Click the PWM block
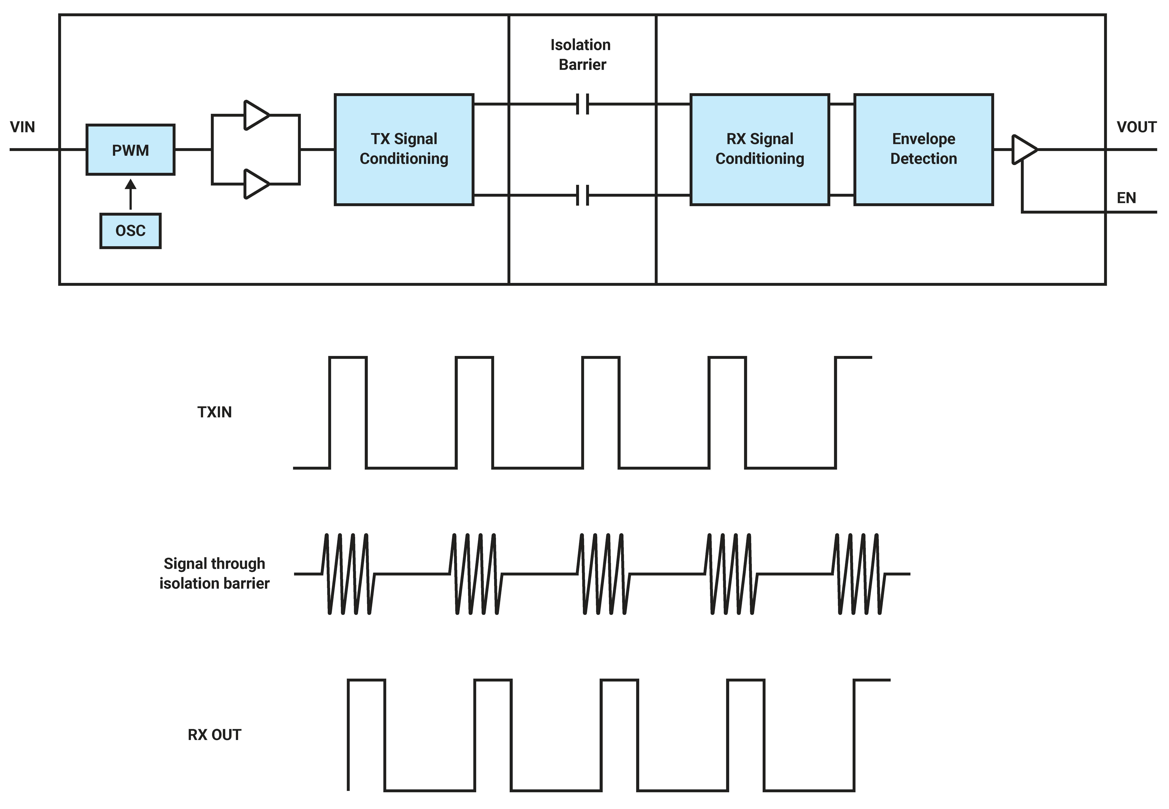[x=130, y=150]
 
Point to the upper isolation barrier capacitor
[x=583, y=104]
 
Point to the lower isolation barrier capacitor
[x=583, y=195]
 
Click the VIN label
[x=22, y=127]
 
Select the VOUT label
[x=1136, y=127]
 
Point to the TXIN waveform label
[x=214, y=412]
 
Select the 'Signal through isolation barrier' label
[x=214, y=573]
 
